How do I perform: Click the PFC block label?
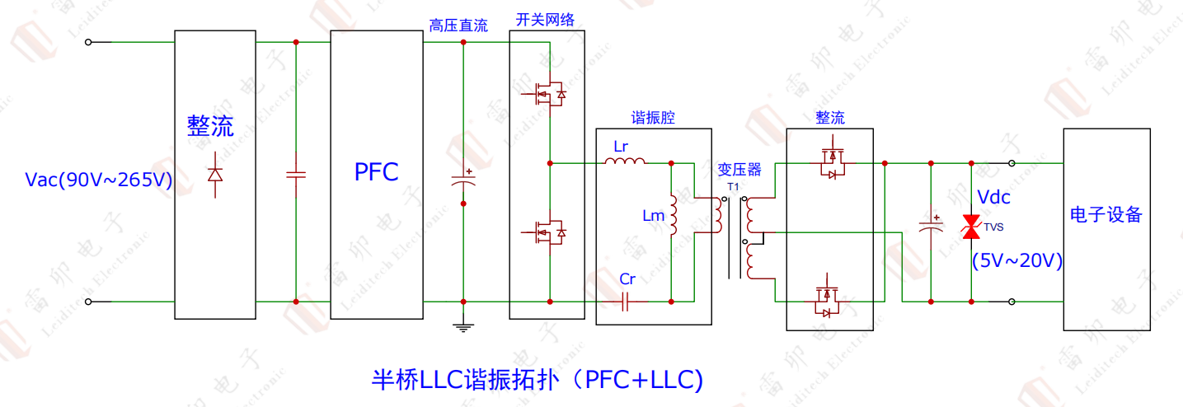[x=376, y=172]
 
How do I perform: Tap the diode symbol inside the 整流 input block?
[x=215, y=175]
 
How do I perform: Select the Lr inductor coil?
[x=625, y=161]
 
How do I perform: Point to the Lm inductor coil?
[x=673, y=213]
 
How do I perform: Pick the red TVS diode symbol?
[x=971, y=227]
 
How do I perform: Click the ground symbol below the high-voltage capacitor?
[x=463, y=327]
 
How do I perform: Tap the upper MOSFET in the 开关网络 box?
[x=547, y=95]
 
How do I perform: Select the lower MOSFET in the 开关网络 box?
[x=547, y=232]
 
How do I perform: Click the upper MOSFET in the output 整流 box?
[x=831, y=163]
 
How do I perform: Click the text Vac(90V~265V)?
[x=98, y=180]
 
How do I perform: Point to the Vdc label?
[x=993, y=197]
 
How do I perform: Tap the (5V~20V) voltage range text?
[x=1016, y=261]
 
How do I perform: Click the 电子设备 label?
[x=1106, y=215]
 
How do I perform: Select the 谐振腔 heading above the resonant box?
[x=653, y=118]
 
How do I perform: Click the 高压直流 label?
[x=458, y=26]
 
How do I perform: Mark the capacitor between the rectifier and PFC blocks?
[x=295, y=174]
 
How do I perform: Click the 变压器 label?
[x=739, y=170]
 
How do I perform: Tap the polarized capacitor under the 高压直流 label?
[x=463, y=181]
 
